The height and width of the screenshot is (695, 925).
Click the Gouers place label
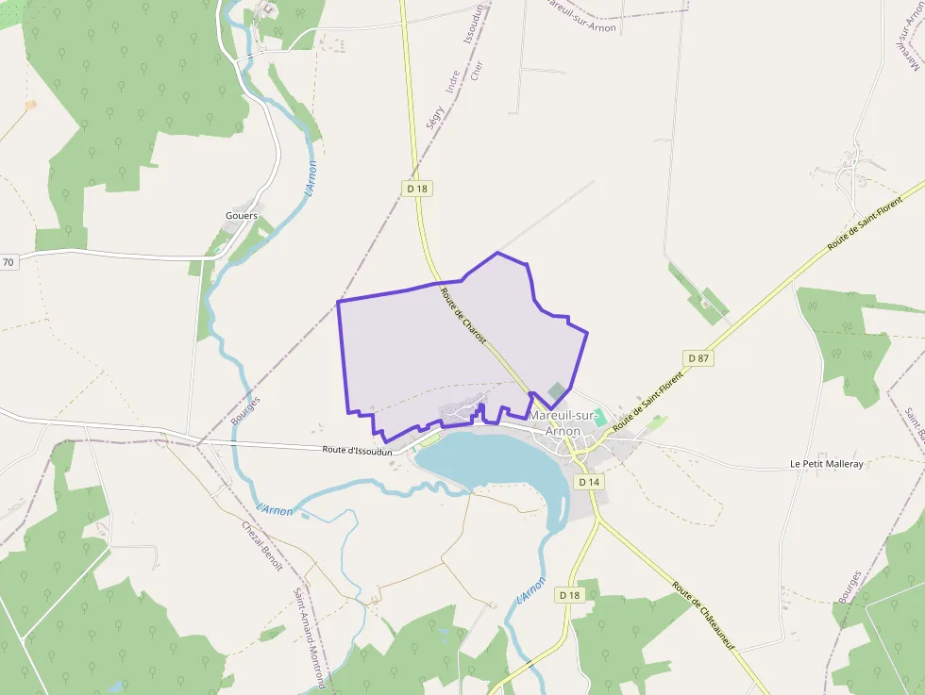[x=242, y=216]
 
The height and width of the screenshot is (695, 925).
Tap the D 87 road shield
[x=698, y=358]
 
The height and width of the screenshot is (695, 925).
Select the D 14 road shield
[x=589, y=482]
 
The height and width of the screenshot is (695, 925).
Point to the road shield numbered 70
[x=8, y=262]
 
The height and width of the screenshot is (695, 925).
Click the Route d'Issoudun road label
[x=356, y=452]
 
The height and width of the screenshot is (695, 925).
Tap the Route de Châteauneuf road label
[x=704, y=616]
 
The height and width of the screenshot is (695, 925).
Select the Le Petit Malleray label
[x=827, y=465]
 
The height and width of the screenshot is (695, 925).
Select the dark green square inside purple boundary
[x=559, y=390]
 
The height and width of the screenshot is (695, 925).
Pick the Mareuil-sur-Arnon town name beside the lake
[x=567, y=422]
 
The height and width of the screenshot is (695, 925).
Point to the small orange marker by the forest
[x=30, y=105]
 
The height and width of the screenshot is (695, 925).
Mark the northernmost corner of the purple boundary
[x=496, y=253]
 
